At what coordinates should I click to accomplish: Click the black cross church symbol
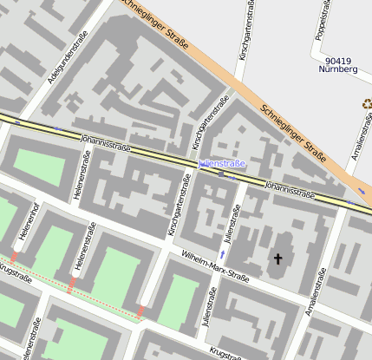[278, 259]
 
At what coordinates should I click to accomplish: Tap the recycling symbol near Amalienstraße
[367, 103]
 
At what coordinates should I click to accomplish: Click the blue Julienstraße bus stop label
[223, 163]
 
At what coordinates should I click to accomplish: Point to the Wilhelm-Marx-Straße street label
[216, 265]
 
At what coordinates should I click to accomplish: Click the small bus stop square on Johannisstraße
[221, 173]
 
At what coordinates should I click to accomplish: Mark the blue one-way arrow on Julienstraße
[222, 254]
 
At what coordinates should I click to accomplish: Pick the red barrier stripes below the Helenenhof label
[14, 257]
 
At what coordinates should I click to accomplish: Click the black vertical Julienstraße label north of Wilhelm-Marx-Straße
[232, 222]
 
